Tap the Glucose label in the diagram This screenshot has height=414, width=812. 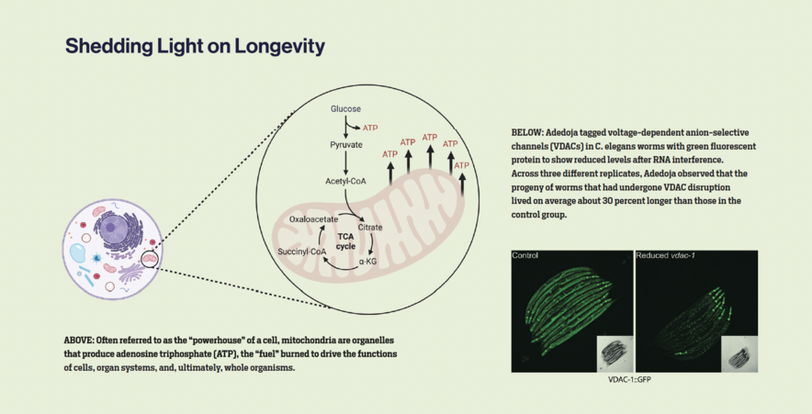point(346,109)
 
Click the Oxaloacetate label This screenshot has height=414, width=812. point(310,219)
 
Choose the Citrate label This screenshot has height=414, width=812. point(371,226)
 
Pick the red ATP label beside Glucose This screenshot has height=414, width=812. point(370,128)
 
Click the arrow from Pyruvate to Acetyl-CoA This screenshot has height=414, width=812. point(346,163)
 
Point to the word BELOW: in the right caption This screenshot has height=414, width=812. point(528,132)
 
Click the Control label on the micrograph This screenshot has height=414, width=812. point(525,254)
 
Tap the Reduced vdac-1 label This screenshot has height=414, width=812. point(663,254)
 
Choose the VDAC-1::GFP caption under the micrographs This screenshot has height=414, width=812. point(632,379)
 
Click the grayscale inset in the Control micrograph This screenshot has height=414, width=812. point(612,353)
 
